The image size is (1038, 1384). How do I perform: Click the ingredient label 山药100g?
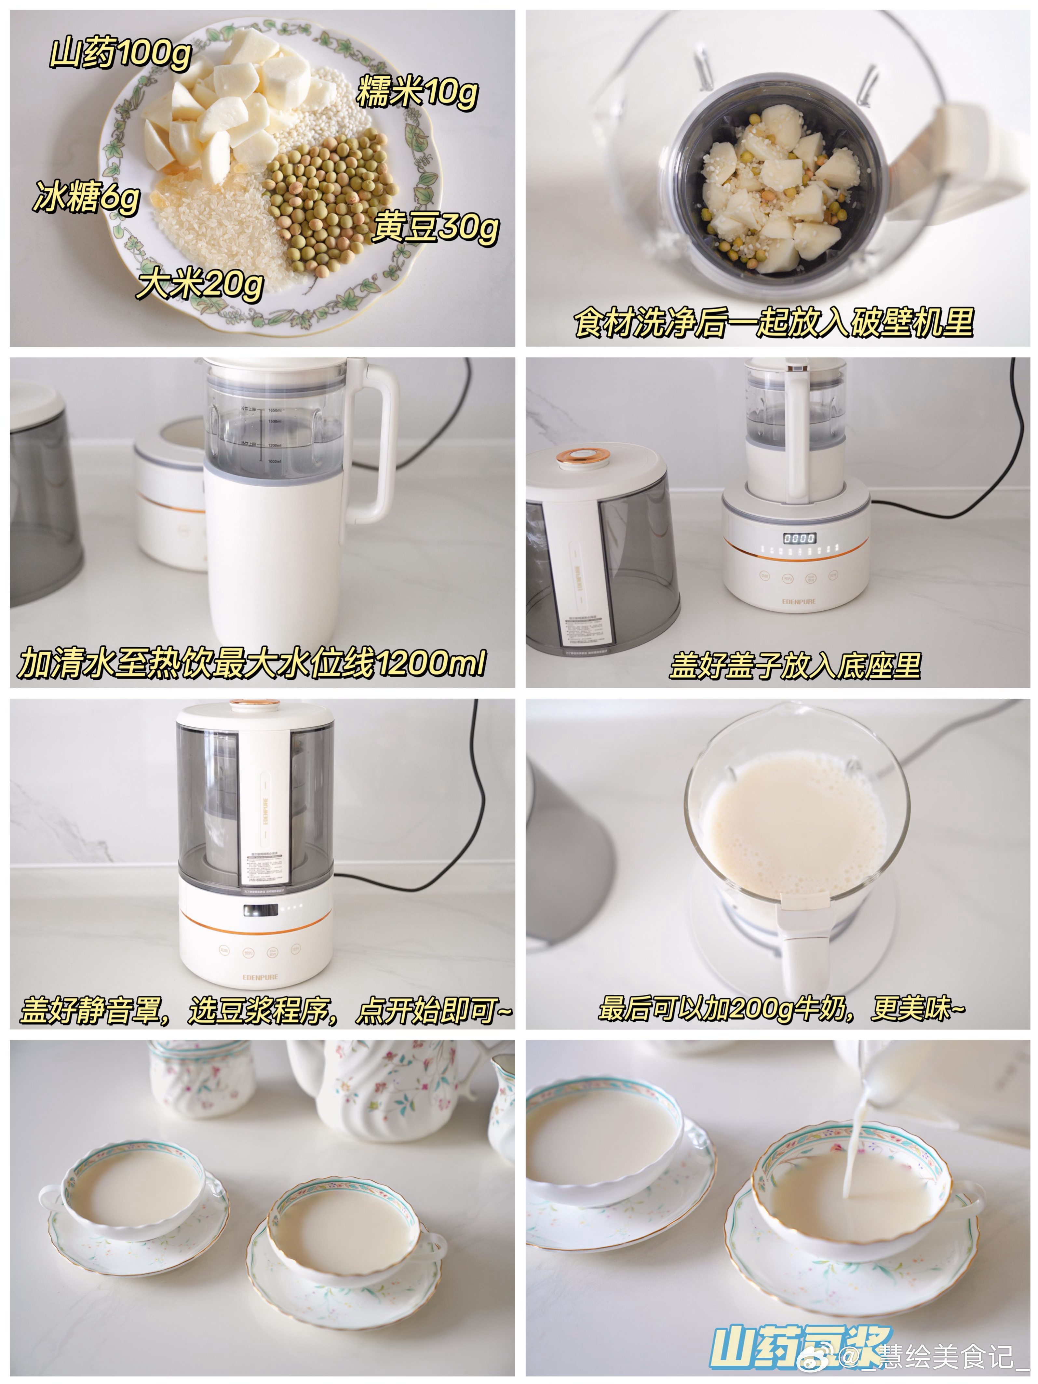120,53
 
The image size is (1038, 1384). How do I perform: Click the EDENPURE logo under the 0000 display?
799,601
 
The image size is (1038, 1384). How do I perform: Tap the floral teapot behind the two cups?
388,1089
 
